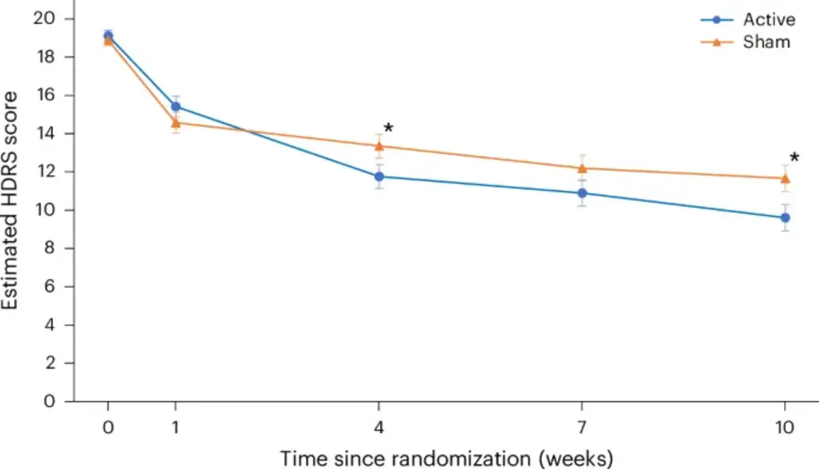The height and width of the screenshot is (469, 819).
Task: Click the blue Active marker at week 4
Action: (379, 177)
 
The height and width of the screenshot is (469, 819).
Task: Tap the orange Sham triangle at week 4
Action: (379, 145)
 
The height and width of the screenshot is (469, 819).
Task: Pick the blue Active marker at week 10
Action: (785, 217)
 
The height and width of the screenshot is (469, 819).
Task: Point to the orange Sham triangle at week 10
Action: (785, 179)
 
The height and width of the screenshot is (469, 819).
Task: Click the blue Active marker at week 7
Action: (582, 193)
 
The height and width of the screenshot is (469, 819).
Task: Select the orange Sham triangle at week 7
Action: (582, 168)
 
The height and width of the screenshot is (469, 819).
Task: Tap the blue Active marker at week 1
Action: (175, 106)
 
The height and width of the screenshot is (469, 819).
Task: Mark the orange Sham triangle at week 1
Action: (175, 123)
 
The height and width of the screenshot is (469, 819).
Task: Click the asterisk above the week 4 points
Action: (388, 129)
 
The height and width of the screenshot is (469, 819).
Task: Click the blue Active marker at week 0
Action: (108, 35)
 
